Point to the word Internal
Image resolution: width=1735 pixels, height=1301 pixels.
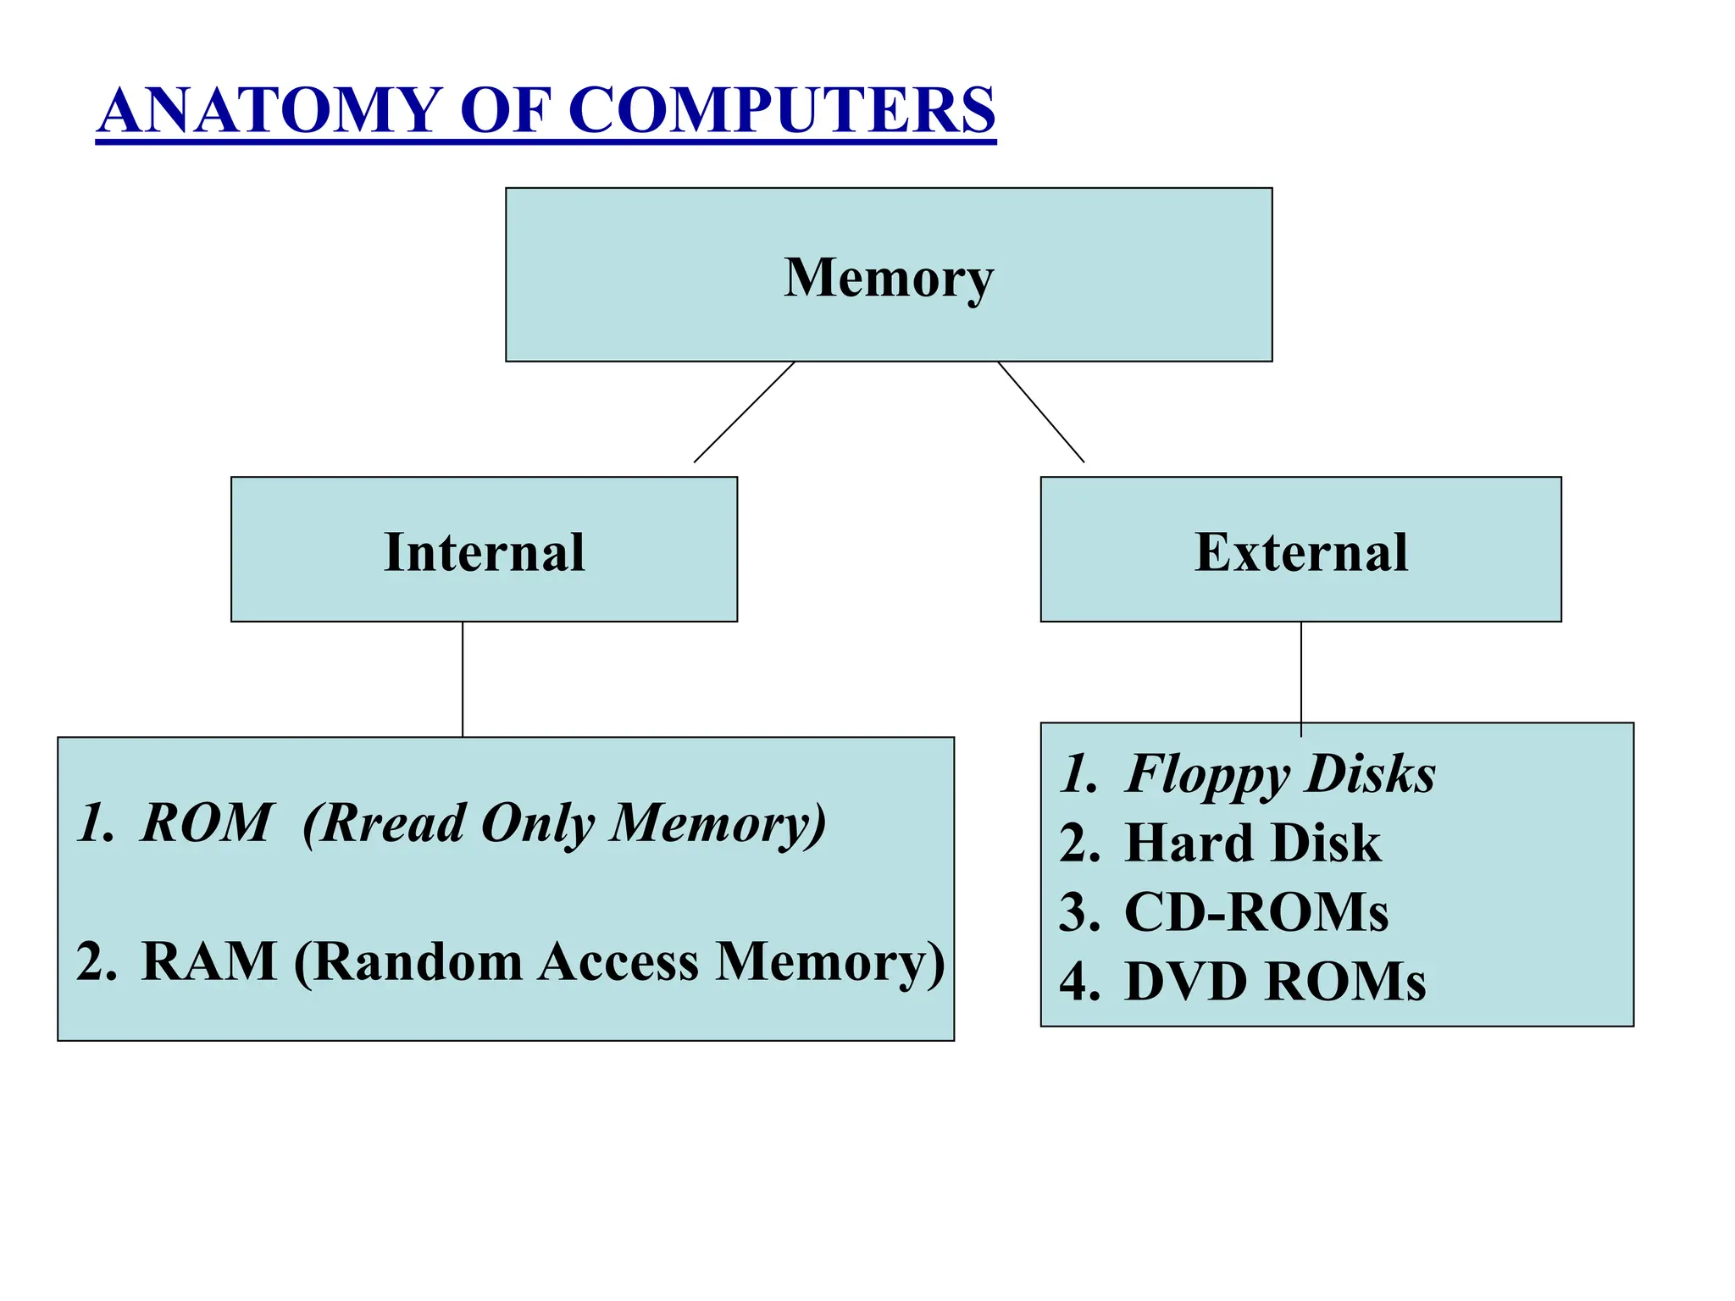click(484, 552)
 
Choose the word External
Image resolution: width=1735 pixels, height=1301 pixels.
click(1300, 552)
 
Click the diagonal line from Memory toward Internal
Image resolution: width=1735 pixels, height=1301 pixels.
click(744, 412)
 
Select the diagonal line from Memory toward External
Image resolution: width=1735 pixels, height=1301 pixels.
click(1040, 412)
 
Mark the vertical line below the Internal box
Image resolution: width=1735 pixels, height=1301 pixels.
click(463, 678)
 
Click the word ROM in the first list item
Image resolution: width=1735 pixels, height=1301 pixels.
click(206, 822)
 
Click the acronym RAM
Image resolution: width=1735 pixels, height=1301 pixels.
click(209, 961)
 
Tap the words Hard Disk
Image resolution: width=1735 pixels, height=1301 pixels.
click(1252, 843)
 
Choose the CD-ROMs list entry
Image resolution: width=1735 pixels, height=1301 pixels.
click(1256, 912)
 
